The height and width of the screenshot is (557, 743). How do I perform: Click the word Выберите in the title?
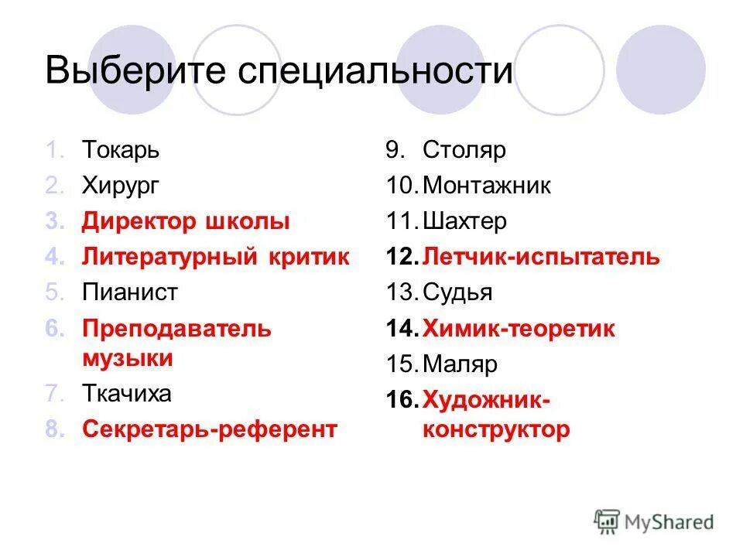pyautogui.click(x=132, y=71)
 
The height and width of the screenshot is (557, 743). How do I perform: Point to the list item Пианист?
pyautogui.click(x=130, y=293)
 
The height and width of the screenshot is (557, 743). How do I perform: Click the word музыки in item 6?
pyautogui.click(x=128, y=359)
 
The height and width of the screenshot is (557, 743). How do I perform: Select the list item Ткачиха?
pyautogui.click(x=127, y=395)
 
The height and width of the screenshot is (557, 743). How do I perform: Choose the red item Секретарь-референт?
pyautogui.click(x=210, y=430)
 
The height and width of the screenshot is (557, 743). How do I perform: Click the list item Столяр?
pyautogui.click(x=464, y=150)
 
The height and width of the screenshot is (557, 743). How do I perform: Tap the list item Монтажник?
pyautogui.click(x=487, y=186)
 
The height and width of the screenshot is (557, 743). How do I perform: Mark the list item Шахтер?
pyautogui.click(x=465, y=222)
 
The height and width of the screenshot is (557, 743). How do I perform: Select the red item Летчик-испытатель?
pyautogui.click(x=541, y=258)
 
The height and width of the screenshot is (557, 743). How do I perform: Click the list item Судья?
pyautogui.click(x=457, y=293)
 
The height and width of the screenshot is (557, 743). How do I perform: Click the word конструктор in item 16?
pyautogui.click(x=496, y=430)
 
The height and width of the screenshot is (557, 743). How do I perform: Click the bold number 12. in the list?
pyautogui.click(x=402, y=258)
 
